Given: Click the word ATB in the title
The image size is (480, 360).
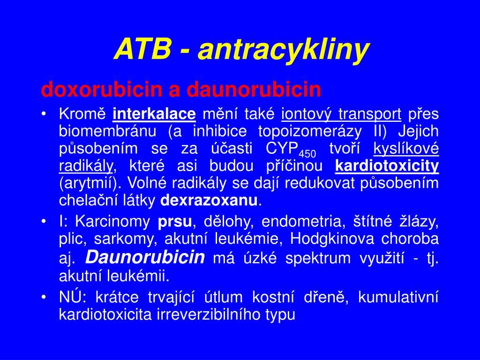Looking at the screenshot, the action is pyautogui.click(x=142, y=49).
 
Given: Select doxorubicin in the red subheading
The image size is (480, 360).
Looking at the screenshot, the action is pyautogui.click(x=102, y=89).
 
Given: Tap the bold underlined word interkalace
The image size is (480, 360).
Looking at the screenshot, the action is pyautogui.click(x=154, y=114).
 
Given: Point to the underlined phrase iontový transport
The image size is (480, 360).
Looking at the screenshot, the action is pyautogui.click(x=341, y=114).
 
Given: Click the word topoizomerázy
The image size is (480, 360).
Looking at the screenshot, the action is pyautogui.click(x=310, y=132).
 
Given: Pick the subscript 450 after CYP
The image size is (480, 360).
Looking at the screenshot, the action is pyautogui.click(x=307, y=153).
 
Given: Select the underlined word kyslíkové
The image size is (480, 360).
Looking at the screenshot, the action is pyautogui.click(x=406, y=149).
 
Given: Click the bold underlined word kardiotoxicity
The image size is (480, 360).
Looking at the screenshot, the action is pyautogui.click(x=387, y=166).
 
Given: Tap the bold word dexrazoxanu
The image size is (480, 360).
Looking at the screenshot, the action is pyautogui.click(x=209, y=201).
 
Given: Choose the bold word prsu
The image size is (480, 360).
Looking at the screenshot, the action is pyautogui.click(x=175, y=222).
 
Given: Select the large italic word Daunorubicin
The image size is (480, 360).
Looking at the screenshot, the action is pyautogui.click(x=145, y=257).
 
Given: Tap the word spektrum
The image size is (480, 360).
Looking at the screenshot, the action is pyautogui.click(x=318, y=258).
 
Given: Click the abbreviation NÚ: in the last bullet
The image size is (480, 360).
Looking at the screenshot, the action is pyautogui.click(x=71, y=296).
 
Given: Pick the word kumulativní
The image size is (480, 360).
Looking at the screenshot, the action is pyautogui.click(x=398, y=297).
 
